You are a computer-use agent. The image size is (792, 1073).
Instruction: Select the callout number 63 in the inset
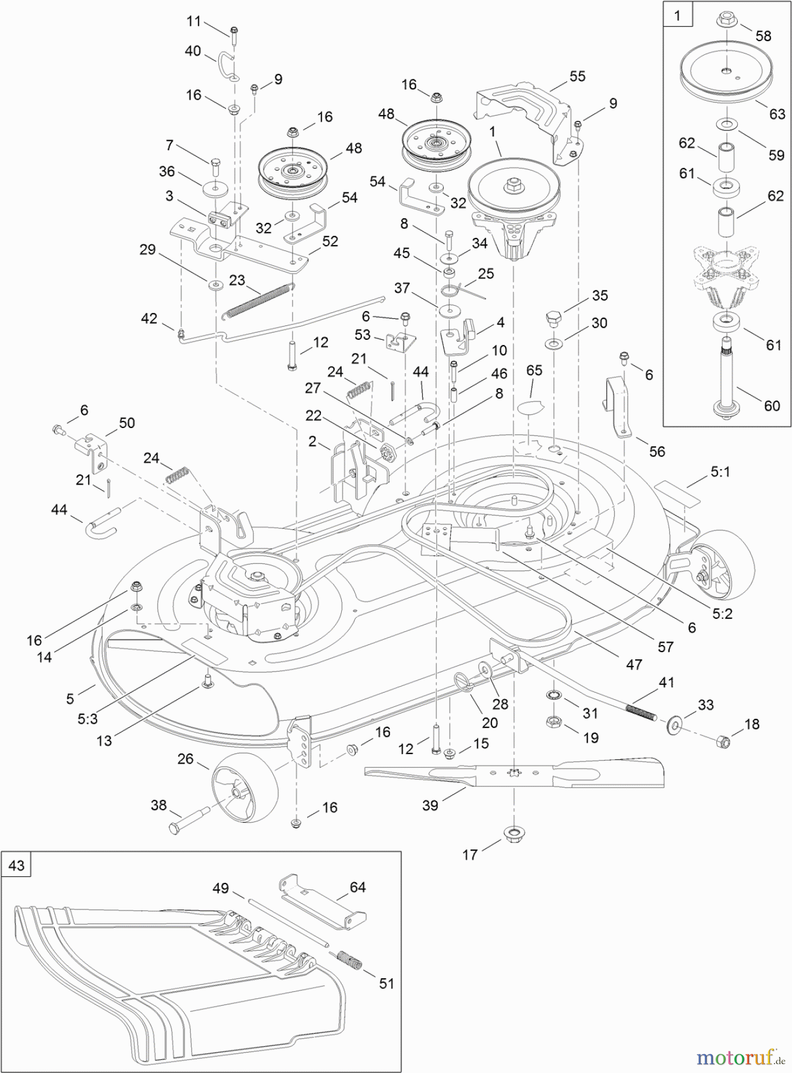pos(776,113)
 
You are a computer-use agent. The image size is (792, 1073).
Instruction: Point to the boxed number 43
pos(16,864)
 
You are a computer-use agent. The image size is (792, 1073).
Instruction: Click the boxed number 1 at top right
pos(677,15)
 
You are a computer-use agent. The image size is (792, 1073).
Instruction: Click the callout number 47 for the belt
pos(633,664)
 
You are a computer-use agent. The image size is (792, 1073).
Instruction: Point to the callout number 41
pos(666,682)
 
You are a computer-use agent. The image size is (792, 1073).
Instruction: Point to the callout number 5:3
pos(88,720)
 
